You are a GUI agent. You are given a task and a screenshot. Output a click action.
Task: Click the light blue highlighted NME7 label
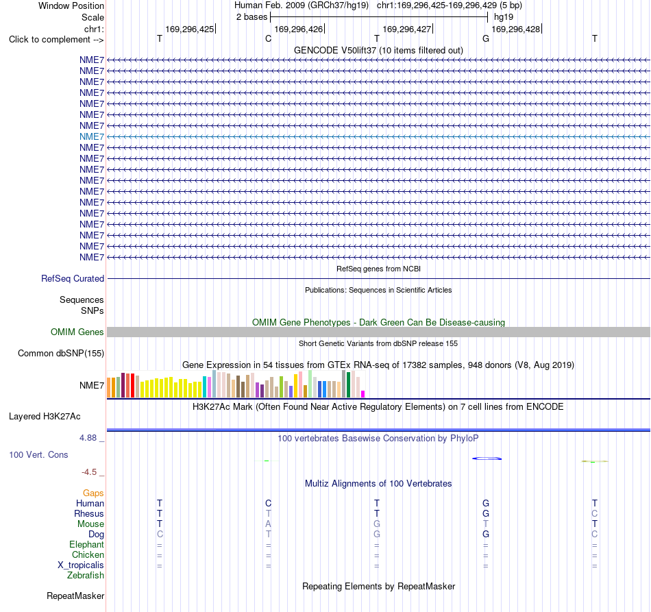[92, 136]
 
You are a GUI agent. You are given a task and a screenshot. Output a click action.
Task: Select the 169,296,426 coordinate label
[298, 29]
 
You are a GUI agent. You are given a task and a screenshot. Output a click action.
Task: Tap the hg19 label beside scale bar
[504, 17]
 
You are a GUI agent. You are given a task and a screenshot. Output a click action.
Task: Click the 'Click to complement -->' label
[56, 40]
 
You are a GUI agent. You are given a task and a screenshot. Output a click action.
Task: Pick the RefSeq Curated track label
[73, 279]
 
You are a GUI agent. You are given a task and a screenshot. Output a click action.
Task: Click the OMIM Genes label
[77, 332]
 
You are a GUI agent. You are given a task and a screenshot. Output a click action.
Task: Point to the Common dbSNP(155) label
[61, 354]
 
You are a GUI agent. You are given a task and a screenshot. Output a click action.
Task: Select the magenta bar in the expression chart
[363, 394]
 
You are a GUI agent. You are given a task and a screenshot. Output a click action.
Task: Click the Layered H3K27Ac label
[45, 417]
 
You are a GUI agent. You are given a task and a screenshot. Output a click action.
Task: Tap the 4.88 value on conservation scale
[88, 438]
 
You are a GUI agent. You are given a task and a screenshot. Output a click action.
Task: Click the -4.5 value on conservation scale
[89, 472]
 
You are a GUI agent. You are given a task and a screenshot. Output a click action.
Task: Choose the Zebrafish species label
[86, 576]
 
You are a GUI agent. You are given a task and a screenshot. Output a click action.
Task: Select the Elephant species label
[87, 544]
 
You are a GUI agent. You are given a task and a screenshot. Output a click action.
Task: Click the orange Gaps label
[93, 493]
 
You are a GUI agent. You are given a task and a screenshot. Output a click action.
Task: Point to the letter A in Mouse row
[268, 524]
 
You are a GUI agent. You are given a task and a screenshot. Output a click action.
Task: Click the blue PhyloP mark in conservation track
[487, 458]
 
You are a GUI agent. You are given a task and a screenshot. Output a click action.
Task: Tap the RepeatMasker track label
[75, 596]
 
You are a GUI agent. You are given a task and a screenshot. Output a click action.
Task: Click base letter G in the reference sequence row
[486, 38]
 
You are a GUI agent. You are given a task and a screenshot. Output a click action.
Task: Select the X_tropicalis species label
[81, 565]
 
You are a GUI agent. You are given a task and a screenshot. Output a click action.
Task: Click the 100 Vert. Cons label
[38, 454]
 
